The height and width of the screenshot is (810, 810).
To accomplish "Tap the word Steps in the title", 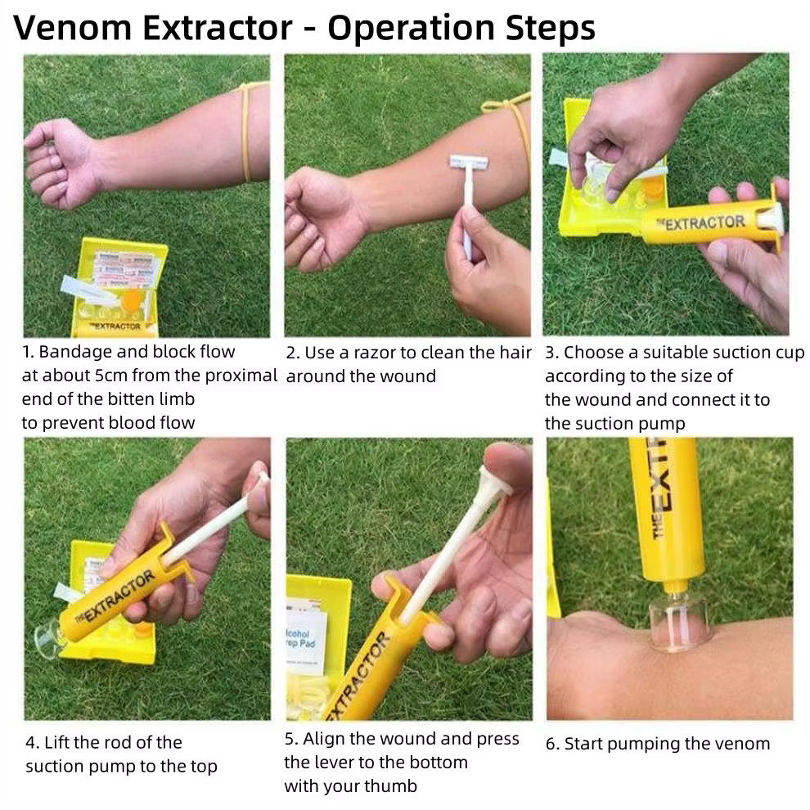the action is pyautogui.click(x=550, y=27).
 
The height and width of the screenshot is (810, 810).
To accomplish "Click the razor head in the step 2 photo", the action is pyautogui.click(x=469, y=162).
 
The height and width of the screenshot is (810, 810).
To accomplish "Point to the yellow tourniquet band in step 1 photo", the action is pyautogui.click(x=248, y=132).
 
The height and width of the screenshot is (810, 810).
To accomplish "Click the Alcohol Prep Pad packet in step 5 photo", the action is pyautogui.click(x=306, y=638).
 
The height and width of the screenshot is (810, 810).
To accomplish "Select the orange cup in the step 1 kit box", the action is pyautogui.click(x=133, y=299).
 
